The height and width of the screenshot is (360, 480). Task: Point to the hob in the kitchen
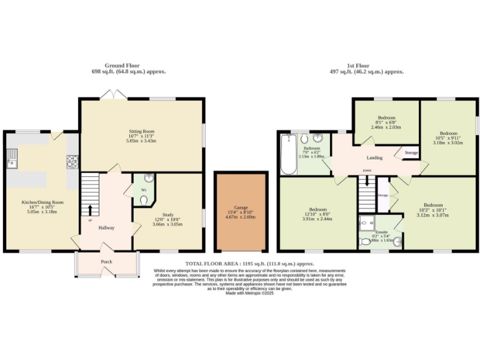[x=72, y=161]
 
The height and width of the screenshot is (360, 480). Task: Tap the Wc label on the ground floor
[x=143, y=189]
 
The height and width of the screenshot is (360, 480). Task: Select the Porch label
[x=106, y=262]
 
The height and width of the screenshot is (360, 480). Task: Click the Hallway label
[x=106, y=227]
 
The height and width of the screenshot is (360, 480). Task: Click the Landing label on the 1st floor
[x=374, y=157]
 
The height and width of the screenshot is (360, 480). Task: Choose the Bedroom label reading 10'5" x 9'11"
[x=448, y=133]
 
